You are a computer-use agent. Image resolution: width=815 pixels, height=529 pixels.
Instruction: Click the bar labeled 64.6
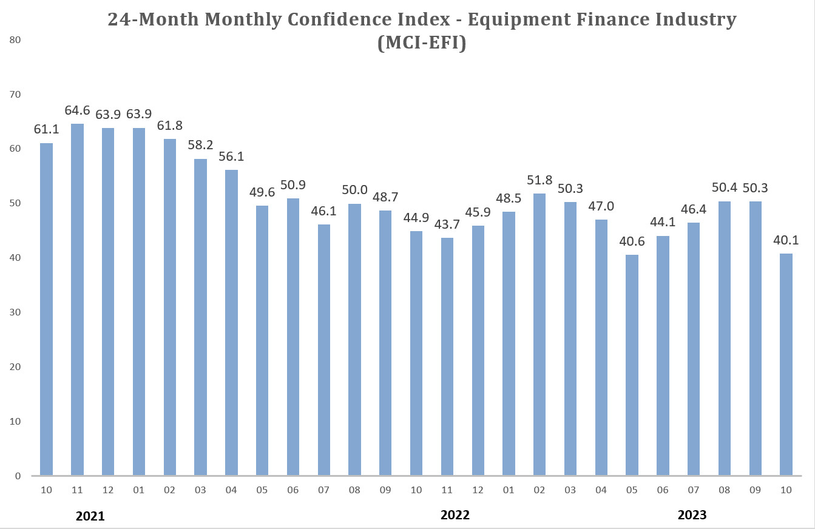pos(77,299)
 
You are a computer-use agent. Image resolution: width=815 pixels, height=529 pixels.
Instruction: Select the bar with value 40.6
pos(632,365)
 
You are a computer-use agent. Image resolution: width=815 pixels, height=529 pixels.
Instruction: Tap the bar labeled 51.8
pos(539,334)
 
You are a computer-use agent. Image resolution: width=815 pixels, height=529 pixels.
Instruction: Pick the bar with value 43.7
pos(447,356)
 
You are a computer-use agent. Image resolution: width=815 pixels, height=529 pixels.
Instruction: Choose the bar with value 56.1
pos(231,322)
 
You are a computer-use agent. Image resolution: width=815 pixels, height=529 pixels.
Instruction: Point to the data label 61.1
pos(47,130)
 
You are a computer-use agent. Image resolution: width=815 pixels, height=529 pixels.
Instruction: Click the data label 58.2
pos(200,146)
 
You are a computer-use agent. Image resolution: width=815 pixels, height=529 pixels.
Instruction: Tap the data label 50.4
pos(725,188)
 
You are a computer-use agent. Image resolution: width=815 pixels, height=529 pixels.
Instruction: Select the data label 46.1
pos(323,212)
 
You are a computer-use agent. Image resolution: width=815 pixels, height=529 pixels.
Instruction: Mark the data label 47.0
pos(601,206)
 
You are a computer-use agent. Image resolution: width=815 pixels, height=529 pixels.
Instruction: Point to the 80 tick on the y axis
pos(15,41)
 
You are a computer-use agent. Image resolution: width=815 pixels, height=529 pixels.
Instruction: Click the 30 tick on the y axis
pos(15,312)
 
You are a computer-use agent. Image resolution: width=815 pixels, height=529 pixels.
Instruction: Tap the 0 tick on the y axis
pos(18,476)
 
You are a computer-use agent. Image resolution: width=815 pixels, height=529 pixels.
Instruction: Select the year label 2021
pos(90,516)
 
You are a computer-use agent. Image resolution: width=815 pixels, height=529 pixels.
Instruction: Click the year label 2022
pos(455,515)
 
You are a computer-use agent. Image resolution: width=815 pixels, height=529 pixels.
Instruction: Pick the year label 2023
pos(692,515)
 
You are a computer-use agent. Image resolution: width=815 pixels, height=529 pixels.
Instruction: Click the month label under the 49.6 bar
pos(262,490)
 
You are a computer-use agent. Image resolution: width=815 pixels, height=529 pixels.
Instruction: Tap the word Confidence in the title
pos(339,19)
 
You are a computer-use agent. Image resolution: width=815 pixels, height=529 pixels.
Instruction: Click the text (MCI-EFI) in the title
pos(421,44)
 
